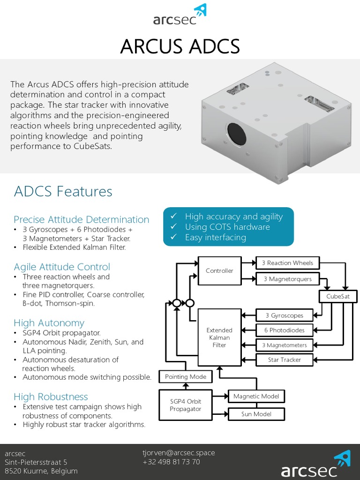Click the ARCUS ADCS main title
(x=180, y=46)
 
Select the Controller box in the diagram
(x=219, y=270)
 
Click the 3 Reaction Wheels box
(x=287, y=263)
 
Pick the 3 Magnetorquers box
(x=287, y=279)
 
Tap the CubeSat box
(x=338, y=297)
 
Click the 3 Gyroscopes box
(x=284, y=315)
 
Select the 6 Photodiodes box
(x=284, y=330)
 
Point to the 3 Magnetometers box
(x=284, y=345)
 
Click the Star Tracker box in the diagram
(x=284, y=360)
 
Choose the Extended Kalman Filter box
(x=219, y=337)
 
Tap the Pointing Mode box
(x=185, y=376)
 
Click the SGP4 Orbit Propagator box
(x=185, y=405)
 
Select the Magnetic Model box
(x=256, y=397)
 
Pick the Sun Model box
(x=256, y=414)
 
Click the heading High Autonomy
(x=49, y=323)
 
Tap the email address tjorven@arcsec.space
(x=179, y=453)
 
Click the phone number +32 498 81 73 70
(x=171, y=462)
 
